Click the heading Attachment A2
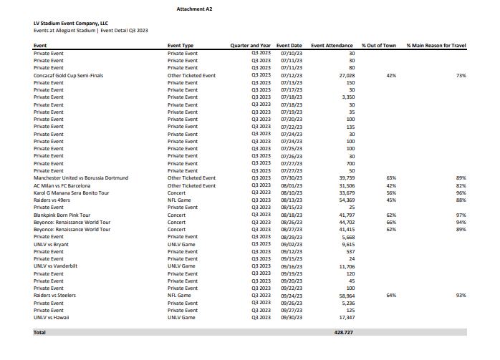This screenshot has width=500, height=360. pos(194,9)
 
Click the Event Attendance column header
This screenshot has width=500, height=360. pos(332,46)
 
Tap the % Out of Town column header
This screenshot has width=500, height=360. pos(379,46)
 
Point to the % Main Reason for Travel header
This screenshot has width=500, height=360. pos(436,46)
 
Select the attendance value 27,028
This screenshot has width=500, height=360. pos(347,75)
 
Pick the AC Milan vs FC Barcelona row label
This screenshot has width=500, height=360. pos(61,185)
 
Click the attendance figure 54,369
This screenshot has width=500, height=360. pos(347,200)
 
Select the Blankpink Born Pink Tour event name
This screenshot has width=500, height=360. pos(62,215)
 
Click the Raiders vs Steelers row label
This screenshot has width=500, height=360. pos(54,295)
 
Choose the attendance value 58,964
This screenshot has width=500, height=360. pos(347,295)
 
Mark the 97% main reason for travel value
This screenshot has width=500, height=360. pos(461,215)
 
